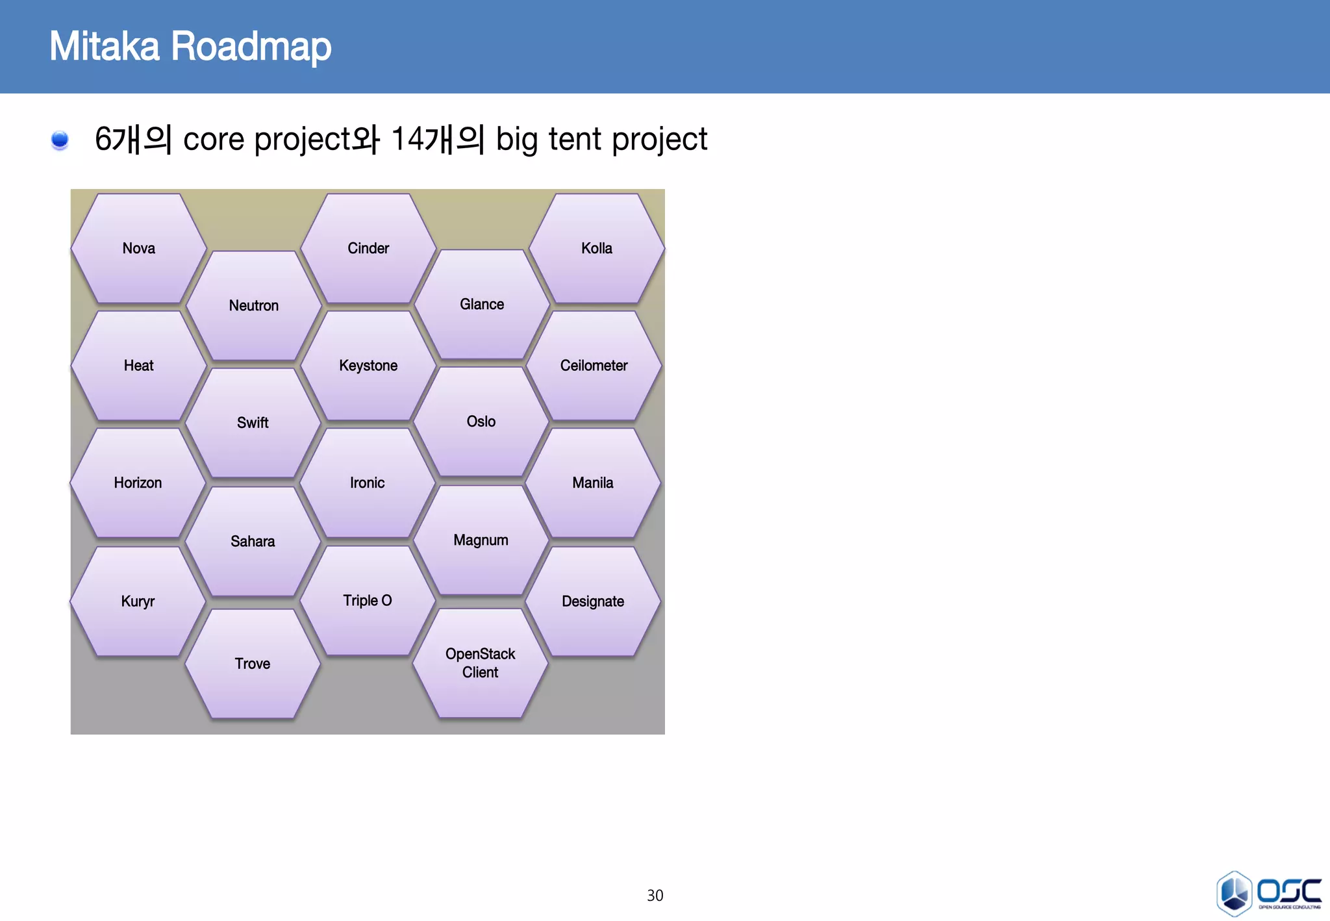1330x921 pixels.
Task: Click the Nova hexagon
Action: coord(138,249)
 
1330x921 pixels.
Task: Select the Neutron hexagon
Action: coord(253,306)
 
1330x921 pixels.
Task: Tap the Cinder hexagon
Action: coord(368,249)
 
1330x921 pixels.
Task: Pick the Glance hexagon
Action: coord(482,305)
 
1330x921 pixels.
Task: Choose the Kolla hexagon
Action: coord(597,249)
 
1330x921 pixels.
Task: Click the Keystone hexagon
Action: coord(368,366)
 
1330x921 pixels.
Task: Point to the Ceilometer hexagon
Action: coord(594,366)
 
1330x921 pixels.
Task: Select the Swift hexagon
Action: coord(253,423)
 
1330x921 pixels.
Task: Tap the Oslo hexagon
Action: coord(481,422)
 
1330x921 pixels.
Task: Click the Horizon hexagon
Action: coord(138,483)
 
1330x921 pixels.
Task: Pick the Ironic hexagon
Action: coord(367,483)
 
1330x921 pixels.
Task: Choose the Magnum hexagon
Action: coord(481,540)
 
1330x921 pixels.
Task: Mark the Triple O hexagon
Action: coord(367,601)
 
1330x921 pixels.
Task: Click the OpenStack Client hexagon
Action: coord(481,663)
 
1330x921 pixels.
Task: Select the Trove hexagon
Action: coord(253,664)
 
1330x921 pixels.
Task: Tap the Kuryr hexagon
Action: coord(138,601)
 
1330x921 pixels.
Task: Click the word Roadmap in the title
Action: coord(251,47)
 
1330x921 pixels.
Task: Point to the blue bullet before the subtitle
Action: coord(60,140)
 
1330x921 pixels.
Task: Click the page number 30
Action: coord(655,896)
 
